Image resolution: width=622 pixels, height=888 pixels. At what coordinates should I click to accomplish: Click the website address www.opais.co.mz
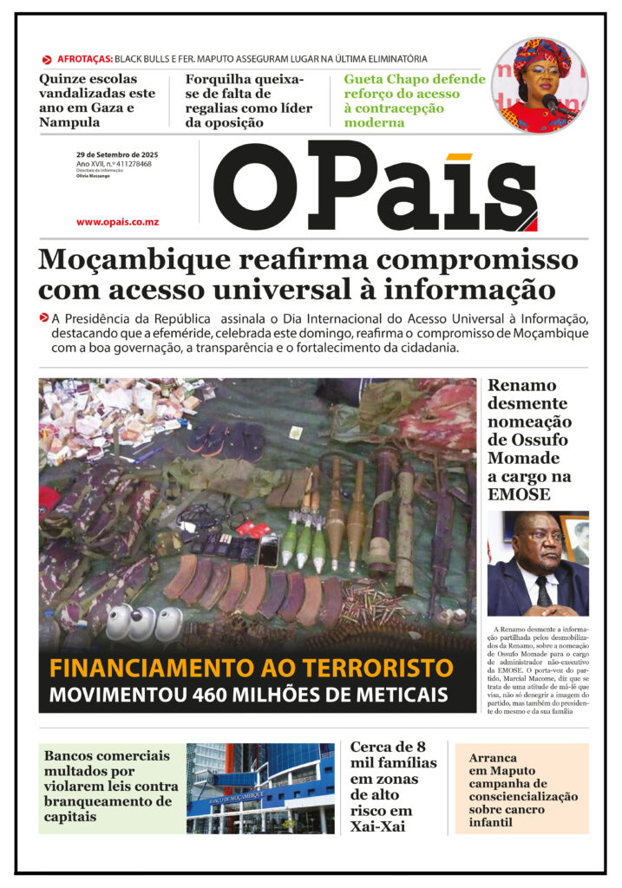point(117,222)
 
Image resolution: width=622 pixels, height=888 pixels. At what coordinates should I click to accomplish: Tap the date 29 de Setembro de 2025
point(117,154)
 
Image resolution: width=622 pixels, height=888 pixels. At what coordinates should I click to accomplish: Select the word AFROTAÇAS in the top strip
point(84,59)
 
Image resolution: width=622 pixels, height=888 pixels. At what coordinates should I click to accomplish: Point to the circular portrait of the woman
point(539,86)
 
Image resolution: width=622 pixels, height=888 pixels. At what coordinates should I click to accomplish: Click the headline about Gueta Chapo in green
point(415,101)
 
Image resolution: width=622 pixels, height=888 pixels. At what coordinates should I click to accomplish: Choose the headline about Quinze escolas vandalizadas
point(97,101)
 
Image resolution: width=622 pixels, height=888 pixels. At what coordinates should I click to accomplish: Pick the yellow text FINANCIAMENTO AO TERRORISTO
point(251,669)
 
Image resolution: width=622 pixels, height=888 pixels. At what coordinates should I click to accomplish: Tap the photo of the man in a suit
point(537,564)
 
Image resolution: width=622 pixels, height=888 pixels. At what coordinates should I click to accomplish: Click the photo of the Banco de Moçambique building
point(260,788)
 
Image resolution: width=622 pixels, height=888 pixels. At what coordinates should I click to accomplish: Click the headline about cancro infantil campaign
point(522,789)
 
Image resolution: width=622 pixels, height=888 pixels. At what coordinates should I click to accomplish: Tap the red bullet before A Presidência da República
point(43,317)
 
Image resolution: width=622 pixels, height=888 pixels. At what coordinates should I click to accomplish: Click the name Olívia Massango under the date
point(93,176)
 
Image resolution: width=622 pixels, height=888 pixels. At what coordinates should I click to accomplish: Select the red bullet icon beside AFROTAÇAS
point(47,60)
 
